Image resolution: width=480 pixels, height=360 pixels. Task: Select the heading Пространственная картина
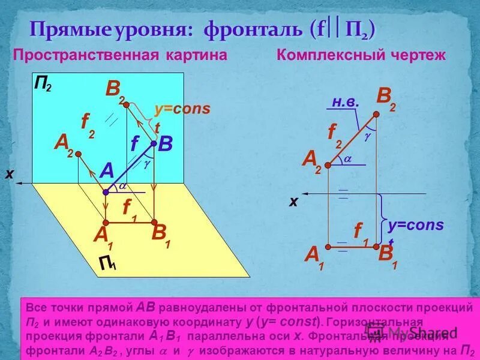point(120,56)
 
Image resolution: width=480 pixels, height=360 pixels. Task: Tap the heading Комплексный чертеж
point(361,56)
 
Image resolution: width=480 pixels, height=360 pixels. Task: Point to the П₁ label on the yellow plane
point(108,263)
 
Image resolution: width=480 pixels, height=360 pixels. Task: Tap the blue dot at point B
point(154,144)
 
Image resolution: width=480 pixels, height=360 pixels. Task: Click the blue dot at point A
point(105,192)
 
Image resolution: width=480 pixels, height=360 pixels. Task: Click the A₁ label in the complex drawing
point(314,257)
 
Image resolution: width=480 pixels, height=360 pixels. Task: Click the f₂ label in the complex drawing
point(334,134)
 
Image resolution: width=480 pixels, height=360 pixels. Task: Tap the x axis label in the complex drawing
point(293,202)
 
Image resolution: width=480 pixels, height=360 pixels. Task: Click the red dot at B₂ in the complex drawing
point(376,113)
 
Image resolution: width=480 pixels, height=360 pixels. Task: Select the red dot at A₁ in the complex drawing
point(328,245)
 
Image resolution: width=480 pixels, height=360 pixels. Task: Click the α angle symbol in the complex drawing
point(347,159)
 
